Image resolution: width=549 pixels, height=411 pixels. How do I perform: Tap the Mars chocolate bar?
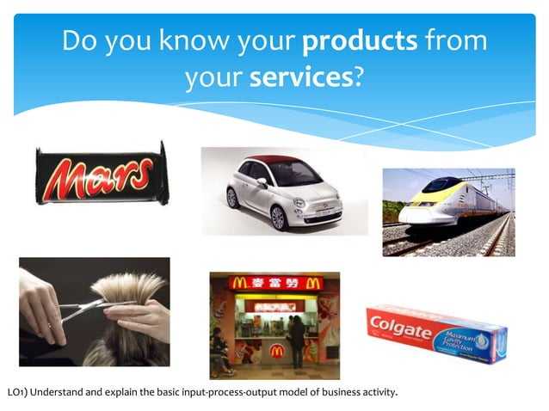click(102, 175)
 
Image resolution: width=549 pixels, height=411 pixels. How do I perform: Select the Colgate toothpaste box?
click(436, 331)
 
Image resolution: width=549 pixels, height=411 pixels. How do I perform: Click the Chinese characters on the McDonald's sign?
click(274, 284)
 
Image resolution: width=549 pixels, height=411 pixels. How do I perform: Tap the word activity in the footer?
click(378, 394)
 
